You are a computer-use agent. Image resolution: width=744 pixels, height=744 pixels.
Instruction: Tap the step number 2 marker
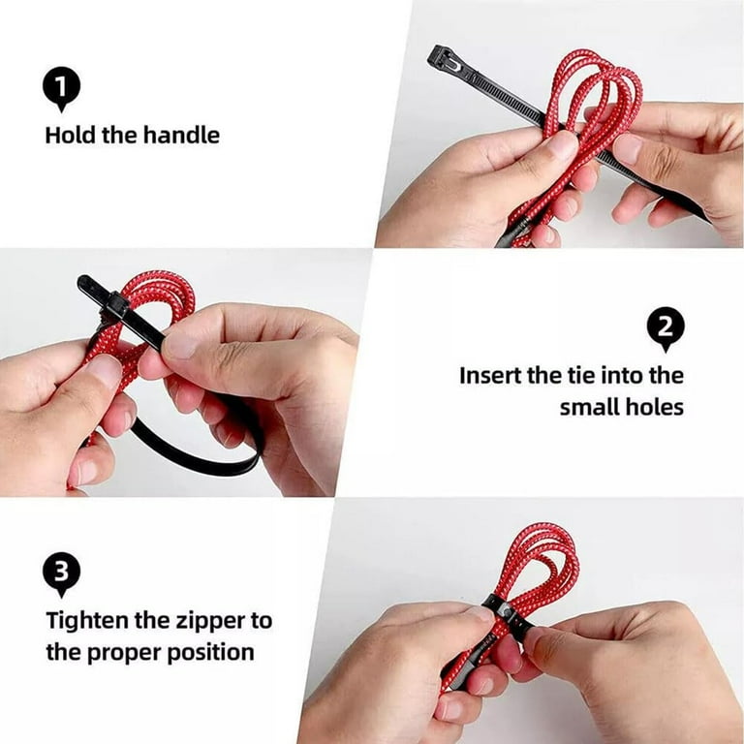(x=665, y=329)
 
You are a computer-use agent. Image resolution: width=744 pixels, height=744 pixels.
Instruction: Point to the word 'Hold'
(x=70, y=135)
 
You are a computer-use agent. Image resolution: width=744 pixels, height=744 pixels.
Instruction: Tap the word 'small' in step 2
(x=589, y=407)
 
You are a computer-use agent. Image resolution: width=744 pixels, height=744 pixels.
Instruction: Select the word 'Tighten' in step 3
(x=88, y=620)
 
